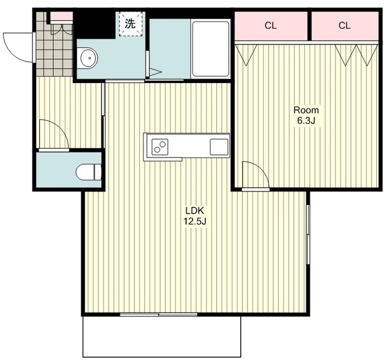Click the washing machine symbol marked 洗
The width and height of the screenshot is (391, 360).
(130, 24)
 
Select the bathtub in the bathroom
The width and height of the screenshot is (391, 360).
(210, 49)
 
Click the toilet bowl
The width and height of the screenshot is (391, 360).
(89, 172)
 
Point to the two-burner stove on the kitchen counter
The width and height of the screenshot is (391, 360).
(159, 146)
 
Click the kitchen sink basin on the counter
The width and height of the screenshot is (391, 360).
(219, 147)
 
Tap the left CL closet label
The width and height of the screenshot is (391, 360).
(271, 26)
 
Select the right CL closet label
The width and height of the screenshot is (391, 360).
(345, 26)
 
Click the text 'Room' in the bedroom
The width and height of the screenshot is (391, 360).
(306, 110)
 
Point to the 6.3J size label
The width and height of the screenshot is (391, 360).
(306, 121)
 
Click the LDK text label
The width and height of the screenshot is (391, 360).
(194, 211)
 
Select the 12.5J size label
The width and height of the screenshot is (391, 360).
(195, 221)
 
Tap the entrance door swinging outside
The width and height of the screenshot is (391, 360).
(18, 48)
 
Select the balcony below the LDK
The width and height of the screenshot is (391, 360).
(161, 336)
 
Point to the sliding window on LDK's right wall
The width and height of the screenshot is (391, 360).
(308, 234)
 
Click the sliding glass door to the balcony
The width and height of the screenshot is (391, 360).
(159, 314)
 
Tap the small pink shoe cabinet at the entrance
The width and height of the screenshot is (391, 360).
(62, 16)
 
